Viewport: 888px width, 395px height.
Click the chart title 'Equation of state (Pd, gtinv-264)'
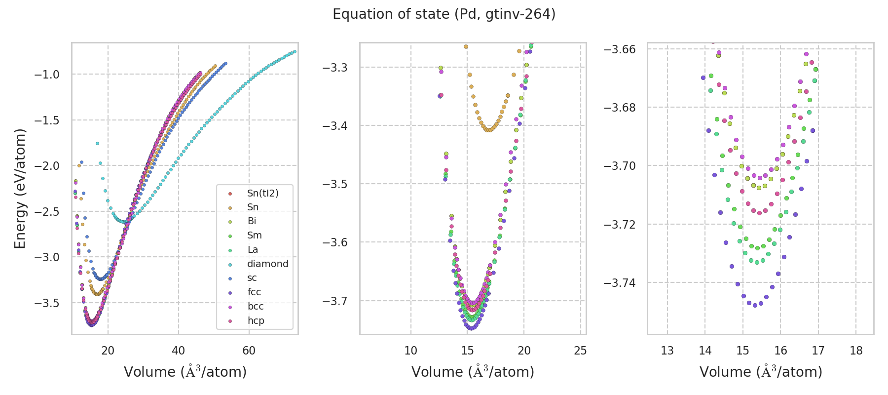pyautogui.click(x=444, y=14)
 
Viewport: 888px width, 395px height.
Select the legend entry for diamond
pyautogui.click(x=267, y=264)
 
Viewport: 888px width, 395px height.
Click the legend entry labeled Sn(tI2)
pyautogui.click(x=262, y=193)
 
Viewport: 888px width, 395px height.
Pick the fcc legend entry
pyautogui.click(x=254, y=292)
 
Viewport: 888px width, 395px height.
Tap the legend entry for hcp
pyautogui.click(x=256, y=320)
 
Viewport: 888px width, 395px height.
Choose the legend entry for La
pyautogui.click(x=253, y=249)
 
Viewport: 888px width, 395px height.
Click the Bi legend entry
pyautogui.click(x=252, y=221)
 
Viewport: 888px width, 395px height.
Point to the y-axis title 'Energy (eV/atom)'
pyautogui.click(x=20, y=189)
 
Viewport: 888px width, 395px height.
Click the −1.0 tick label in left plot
pyautogui.click(x=46, y=75)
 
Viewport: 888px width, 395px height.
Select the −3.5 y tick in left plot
pyautogui.click(x=46, y=303)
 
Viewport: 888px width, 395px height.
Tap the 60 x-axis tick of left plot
pyautogui.click(x=249, y=351)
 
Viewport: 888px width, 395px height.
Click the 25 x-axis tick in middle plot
pyautogui.click(x=581, y=351)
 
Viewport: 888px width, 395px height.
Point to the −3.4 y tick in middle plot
pyautogui.click(x=335, y=126)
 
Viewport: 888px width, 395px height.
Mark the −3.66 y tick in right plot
pyautogui.click(x=620, y=49)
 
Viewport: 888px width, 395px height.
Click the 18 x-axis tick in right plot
pyautogui.click(x=856, y=351)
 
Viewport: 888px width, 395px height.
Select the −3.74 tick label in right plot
pyautogui.click(x=620, y=283)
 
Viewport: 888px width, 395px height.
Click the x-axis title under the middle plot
pyautogui.click(x=473, y=372)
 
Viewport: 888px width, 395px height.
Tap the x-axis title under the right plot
pyautogui.click(x=761, y=372)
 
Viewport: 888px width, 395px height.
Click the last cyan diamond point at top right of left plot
pyautogui.click(x=295, y=51)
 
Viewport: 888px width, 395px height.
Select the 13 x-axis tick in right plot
pyautogui.click(x=667, y=351)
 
